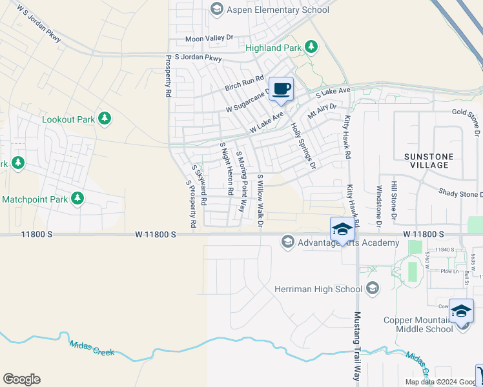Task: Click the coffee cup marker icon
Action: click(x=280, y=88)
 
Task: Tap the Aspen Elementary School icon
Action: click(x=216, y=8)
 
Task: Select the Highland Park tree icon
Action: click(x=312, y=46)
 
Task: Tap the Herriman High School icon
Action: click(x=371, y=288)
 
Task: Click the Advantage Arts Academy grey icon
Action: click(x=287, y=242)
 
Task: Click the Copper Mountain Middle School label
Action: click(x=418, y=324)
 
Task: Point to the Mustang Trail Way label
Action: click(x=356, y=346)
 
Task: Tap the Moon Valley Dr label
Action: click(x=209, y=39)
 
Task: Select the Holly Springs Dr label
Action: click(x=303, y=146)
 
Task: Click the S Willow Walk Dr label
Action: click(x=261, y=201)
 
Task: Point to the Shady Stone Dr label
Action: click(x=461, y=193)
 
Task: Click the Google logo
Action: click(x=21, y=379)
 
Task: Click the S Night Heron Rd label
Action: click(x=226, y=169)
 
